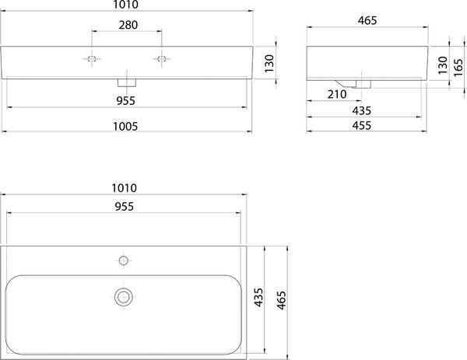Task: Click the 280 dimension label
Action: (x=128, y=25)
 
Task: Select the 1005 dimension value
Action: (x=125, y=127)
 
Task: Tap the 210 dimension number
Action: (x=337, y=95)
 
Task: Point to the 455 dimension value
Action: (x=362, y=125)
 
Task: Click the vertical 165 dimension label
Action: (x=458, y=68)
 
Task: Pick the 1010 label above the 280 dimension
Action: (x=126, y=5)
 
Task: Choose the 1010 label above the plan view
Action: (x=125, y=188)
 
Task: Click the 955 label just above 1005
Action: (x=125, y=101)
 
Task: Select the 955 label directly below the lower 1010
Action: (x=125, y=207)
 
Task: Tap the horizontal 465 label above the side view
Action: (x=367, y=20)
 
